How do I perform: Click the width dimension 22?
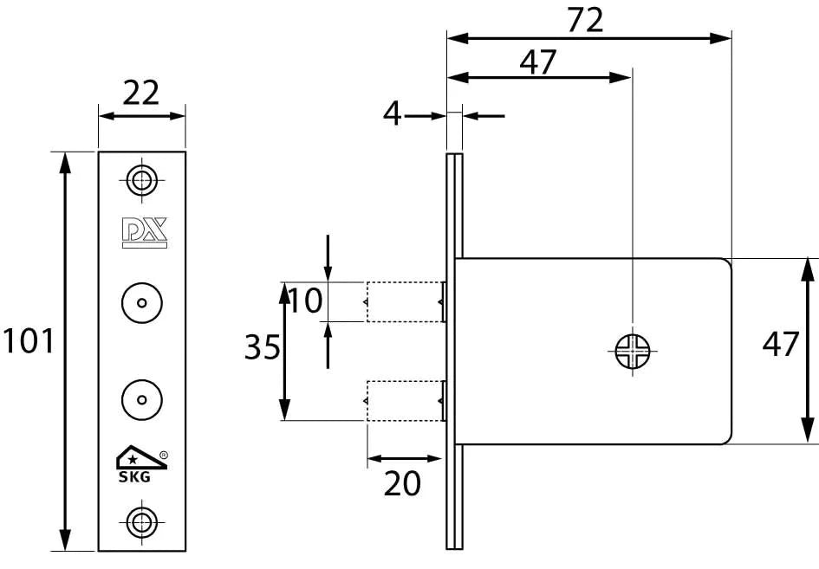tap(141, 92)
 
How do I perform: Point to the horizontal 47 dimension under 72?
tap(538, 61)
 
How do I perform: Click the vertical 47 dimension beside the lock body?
tap(780, 344)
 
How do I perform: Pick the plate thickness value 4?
tap(393, 113)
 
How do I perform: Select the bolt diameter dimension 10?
tap(305, 301)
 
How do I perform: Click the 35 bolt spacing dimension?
tap(262, 348)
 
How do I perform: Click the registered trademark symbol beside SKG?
tap(164, 454)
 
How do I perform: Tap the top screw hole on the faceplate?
tap(141, 180)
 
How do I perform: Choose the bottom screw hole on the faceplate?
tap(141, 521)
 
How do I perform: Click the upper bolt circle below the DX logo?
tap(141, 303)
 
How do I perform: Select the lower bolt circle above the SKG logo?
tap(141, 398)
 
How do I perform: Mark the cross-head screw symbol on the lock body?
tap(632, 350)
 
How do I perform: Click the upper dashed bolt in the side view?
tap(405, 302)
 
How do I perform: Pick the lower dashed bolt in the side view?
tap(405, 400)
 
